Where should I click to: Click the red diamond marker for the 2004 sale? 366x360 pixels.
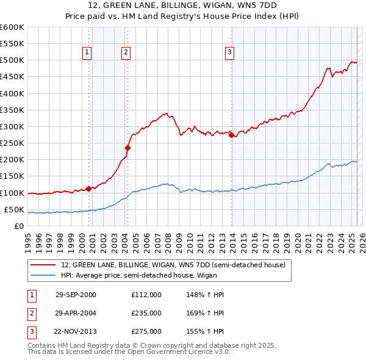[x=128, y=148]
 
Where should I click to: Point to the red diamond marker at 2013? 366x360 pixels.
[x=232, y=135]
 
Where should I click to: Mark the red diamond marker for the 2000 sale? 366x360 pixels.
[x=89, y=189]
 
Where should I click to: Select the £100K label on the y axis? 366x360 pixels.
[x=12, y=193]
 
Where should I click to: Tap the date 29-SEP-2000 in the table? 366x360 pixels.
[x=76, y=295]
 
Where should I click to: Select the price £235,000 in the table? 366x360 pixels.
[x=146, y=313]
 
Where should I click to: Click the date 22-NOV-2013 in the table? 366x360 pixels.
[x=76, y=331]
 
